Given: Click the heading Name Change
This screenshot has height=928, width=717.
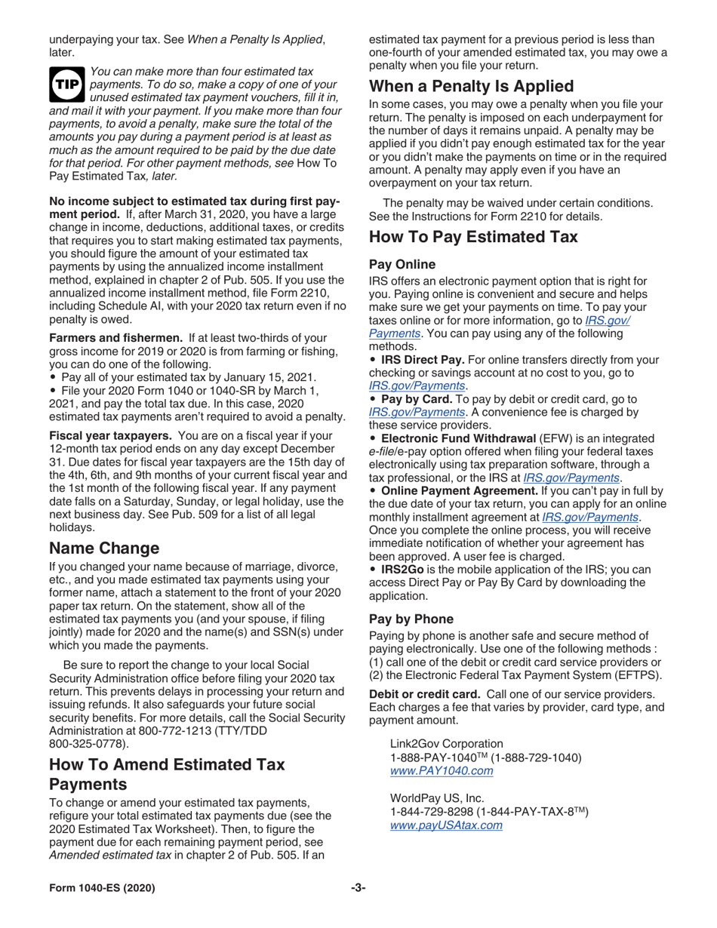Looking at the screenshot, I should [x=104, y=548].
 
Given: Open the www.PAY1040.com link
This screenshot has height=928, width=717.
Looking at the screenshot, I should [x=442, y=770].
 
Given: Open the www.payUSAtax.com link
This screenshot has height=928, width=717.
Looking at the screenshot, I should [x=446, y=825].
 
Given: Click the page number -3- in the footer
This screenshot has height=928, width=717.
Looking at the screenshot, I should [x=358, y=888].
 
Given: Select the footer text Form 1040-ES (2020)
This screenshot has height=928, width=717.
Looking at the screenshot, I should [x=103, y=888].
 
